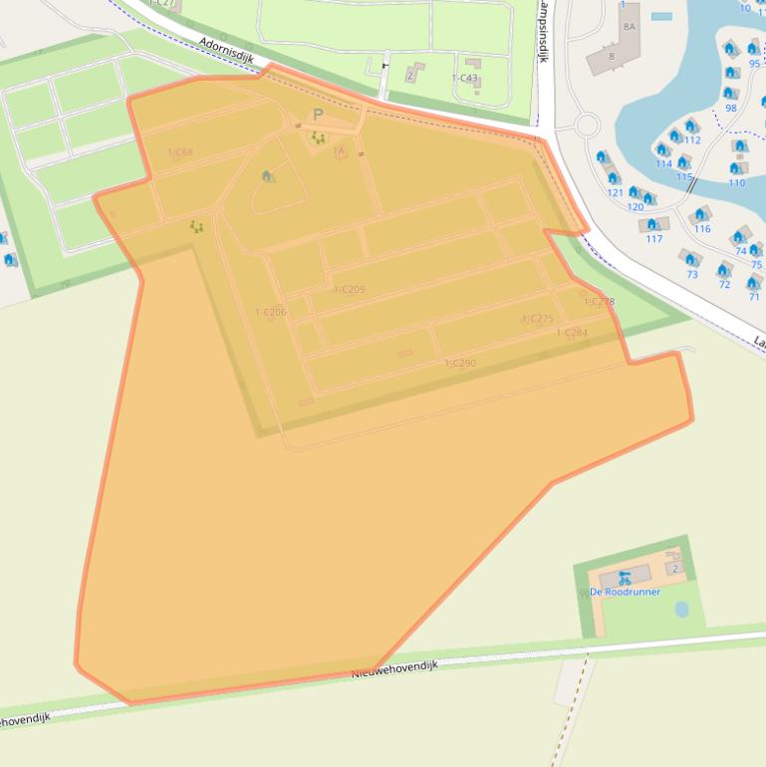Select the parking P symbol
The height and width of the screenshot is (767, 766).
click(318, 116)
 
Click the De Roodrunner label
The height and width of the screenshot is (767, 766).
click(625, 592)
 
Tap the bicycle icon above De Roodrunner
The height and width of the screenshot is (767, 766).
click(625, 577)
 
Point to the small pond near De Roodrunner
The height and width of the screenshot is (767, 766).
click(681, 608)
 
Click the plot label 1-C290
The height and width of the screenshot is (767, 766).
click(460, 364)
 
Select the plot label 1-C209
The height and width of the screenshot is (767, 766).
click(350, 290)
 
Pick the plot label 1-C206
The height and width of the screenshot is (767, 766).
click(270, 312)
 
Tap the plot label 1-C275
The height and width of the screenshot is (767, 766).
click(537, 319)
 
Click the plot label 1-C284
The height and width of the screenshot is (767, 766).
click(572, 333)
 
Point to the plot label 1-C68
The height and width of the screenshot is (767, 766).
click(180, 152)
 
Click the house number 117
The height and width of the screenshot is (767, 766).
click(653, 239)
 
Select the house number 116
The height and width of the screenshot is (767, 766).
click(702, 229)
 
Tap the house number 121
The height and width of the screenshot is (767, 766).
click(615, 192)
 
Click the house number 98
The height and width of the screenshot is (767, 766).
click(731, 108)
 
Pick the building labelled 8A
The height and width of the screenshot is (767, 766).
click(629, 27)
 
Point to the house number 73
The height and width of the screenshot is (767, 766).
click(691, 274)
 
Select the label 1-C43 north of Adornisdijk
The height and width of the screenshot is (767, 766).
click(464, 78)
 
